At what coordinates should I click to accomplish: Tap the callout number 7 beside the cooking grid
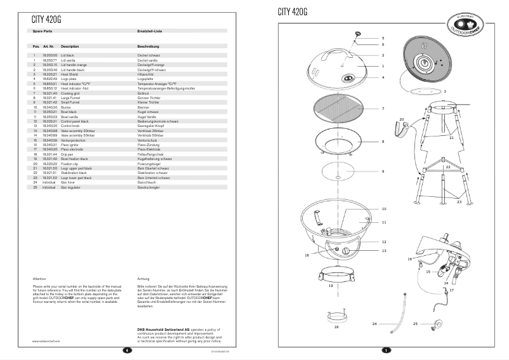pos(383,109)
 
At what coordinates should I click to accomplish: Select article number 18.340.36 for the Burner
pos(50,108)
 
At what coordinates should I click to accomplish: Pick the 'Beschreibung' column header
pos(148,46)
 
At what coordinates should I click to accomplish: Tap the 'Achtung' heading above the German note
pos(143,279)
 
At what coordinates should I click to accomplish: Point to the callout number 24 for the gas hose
pos(374,324)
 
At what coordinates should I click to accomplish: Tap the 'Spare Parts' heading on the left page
pos(43,30)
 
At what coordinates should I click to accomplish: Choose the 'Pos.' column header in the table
pos(36,46)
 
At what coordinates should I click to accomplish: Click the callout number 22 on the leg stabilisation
pos(448,167)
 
